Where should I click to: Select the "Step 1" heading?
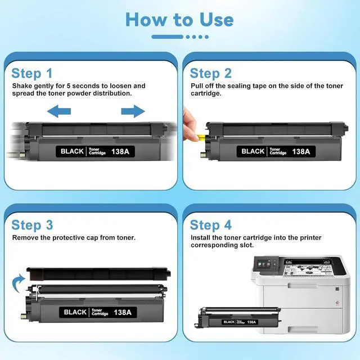tap(32, 73)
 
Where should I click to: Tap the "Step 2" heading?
tap(210, 73)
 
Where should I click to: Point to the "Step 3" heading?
tap(33, 225)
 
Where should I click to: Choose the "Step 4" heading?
tap(211, 225)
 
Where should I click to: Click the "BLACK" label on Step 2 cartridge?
tap(253, 151)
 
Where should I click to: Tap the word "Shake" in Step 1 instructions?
tap(23, 86)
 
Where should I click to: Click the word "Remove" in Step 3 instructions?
tap(26, 237)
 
